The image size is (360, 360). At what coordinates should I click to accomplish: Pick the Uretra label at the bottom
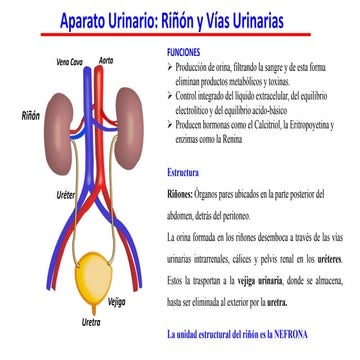92,322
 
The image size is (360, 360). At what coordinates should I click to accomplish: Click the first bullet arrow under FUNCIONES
170,65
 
